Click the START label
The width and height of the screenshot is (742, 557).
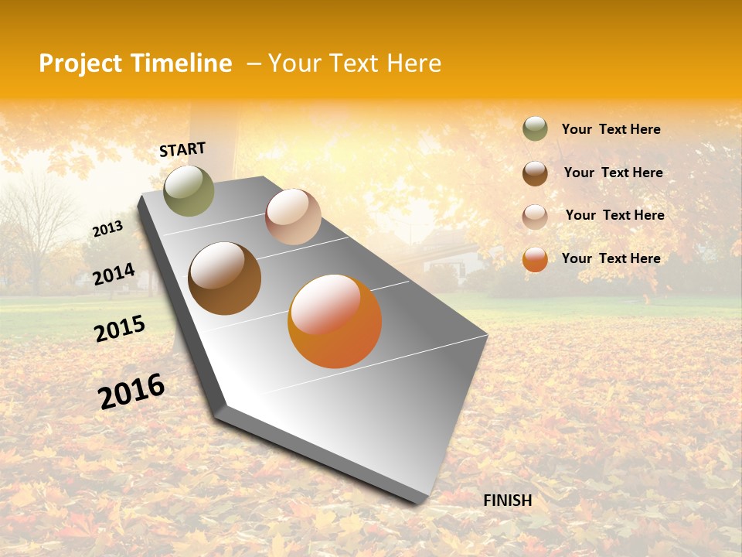[x=182, y=149]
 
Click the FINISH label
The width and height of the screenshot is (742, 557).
[x=507, y=501]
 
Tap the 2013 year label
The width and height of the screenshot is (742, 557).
[x=107, y=229]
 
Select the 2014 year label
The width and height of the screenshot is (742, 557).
[x=114, y=275]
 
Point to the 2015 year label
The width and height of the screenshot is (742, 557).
[x=120, y=329]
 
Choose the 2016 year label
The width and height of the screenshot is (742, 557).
[x=131, y=391]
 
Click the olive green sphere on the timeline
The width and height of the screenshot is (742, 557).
[x=189, y=190]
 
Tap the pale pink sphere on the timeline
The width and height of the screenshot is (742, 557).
[x=293, y=217]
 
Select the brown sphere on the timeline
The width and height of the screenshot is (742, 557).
[x=225, y=278]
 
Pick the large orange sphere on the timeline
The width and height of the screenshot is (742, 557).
[x=335, y=321]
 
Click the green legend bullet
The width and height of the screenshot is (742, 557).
[x=535, y=129]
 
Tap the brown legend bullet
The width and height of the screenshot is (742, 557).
[x=535, y=173]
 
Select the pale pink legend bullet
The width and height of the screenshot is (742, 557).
[x=535, y=217]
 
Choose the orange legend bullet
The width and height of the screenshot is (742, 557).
[x=535, y=259]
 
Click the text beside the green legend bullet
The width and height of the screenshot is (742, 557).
[x=611, y=129]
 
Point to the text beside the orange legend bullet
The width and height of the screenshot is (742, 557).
[x=611, y=258]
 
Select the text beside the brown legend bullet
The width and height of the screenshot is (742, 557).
[x=613, y=173]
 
